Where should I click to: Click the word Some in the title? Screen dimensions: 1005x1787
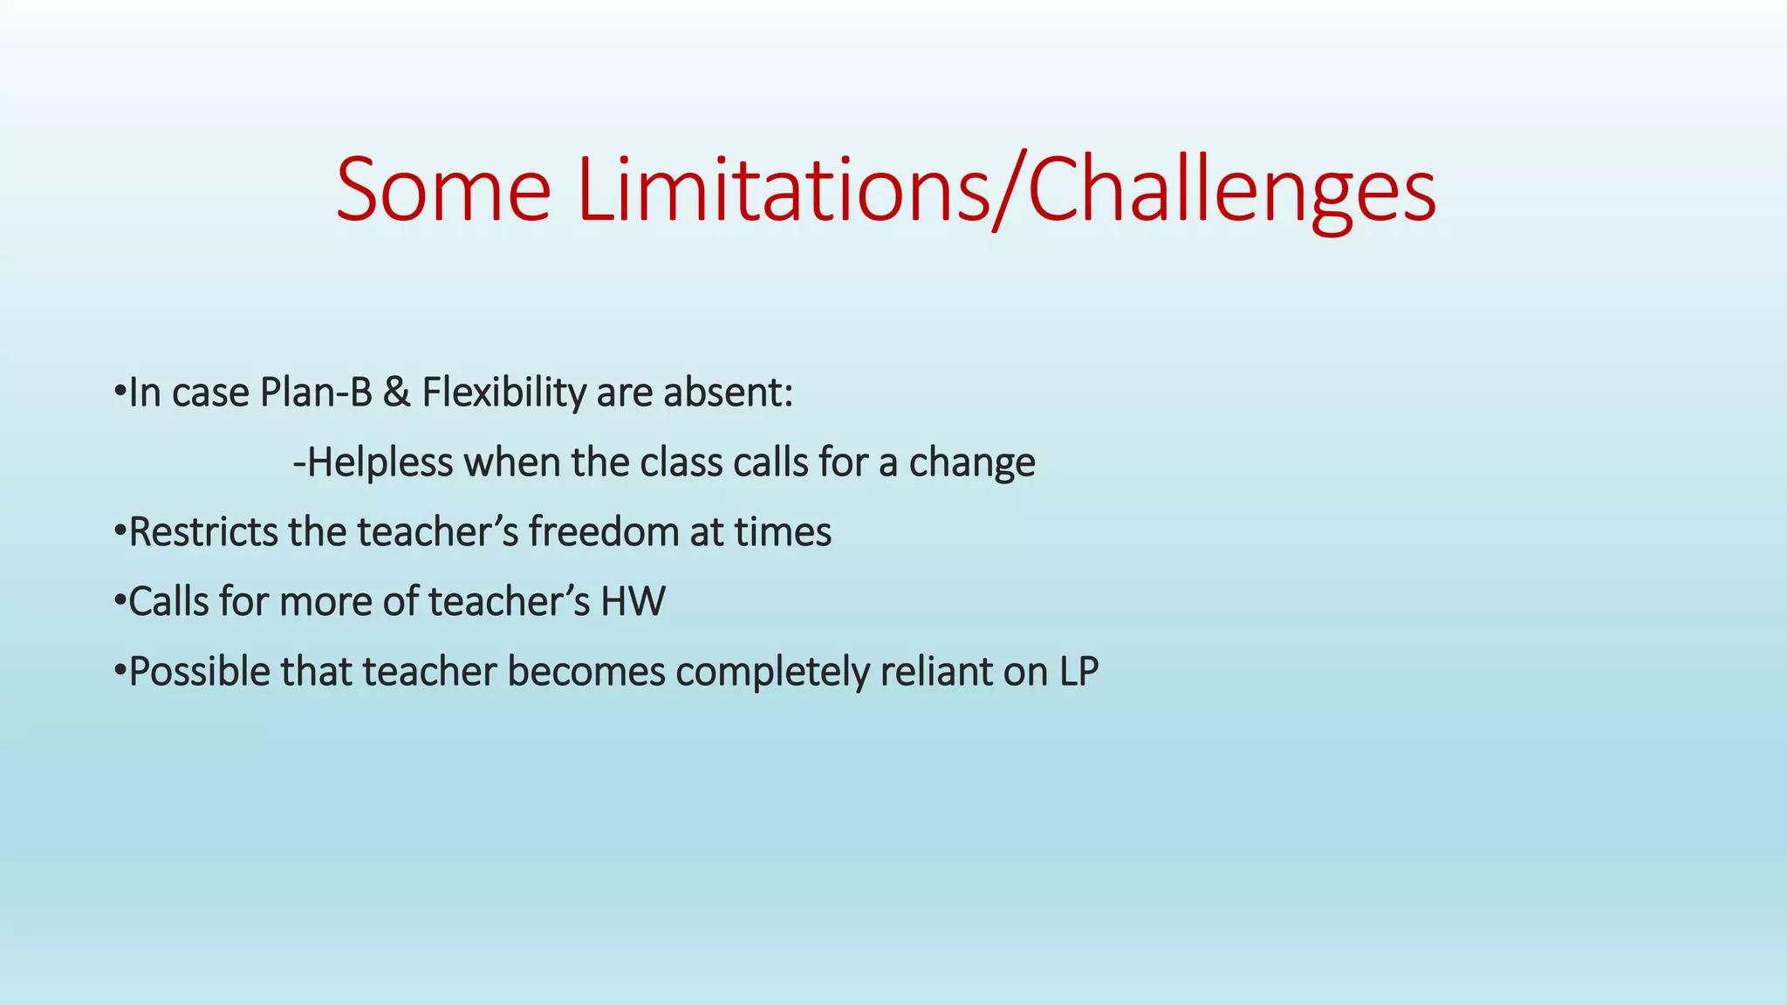click(443, 190)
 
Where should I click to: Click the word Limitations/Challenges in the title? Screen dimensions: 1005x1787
click(1005, 190)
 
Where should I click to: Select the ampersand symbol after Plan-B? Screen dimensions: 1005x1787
click(397, 393)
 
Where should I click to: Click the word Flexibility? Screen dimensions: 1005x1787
click(503, 393)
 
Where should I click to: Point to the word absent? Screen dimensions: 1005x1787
click(728, 393)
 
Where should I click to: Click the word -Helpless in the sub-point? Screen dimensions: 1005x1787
click(373, 462)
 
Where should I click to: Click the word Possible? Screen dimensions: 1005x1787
click(199, 672)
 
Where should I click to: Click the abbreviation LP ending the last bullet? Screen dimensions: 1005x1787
click(1078, 672)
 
